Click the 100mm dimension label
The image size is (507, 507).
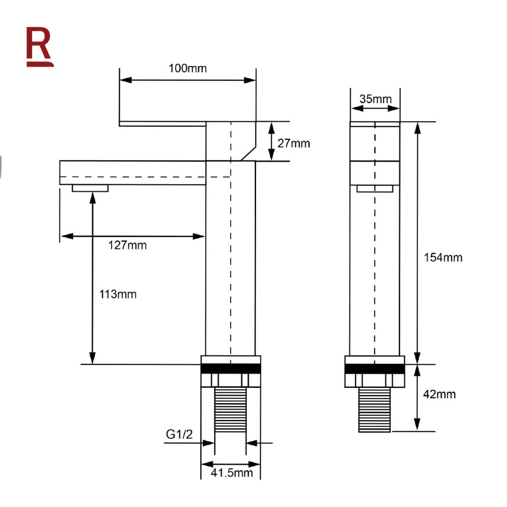pos(188,68)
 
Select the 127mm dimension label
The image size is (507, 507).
pos(128,245)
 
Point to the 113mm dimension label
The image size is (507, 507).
pos(118,294)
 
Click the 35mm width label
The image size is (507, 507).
pos(376,98)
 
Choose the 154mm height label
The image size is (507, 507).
pos(443,258)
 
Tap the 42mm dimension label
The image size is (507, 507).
pos(439,394)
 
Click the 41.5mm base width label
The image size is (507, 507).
pos(231,473)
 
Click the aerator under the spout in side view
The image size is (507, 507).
pos(90,188)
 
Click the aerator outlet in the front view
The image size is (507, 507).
pos(375,189)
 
